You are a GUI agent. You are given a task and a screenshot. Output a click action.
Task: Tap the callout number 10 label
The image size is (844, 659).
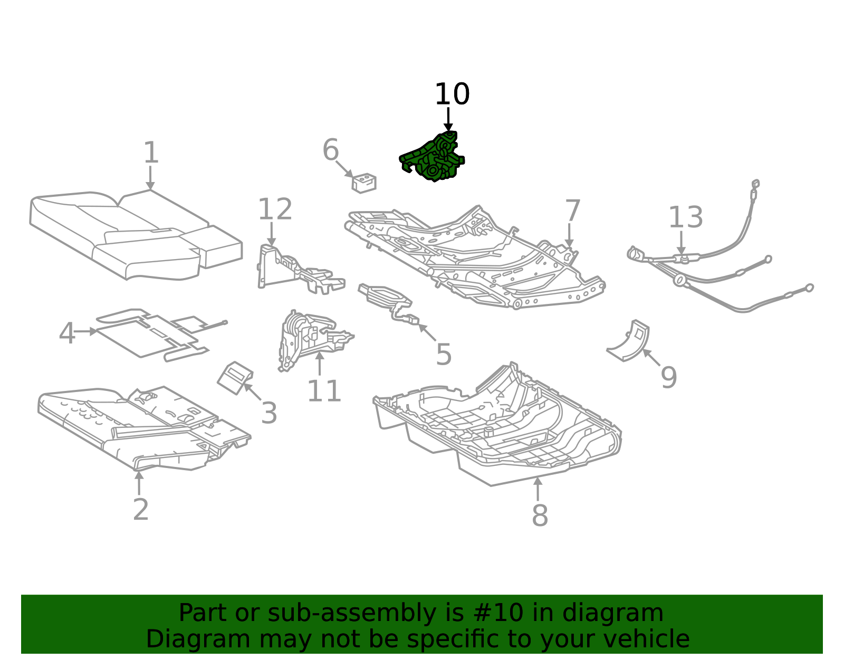[452, 94]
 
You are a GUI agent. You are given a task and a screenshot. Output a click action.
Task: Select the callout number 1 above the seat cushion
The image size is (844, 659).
[151, 152]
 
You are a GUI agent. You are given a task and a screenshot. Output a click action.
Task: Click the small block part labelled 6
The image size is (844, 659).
[364, 183]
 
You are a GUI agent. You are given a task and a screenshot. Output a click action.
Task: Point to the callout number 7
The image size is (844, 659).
[573, 211]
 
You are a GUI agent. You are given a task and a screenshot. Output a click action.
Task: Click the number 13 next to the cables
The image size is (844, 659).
[686, 217]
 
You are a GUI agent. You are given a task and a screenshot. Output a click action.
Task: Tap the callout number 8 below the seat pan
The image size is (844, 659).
[540, 515]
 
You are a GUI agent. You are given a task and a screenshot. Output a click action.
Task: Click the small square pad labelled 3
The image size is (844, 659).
[235, 378]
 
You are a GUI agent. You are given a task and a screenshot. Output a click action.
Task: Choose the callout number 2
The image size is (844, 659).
[141, 510]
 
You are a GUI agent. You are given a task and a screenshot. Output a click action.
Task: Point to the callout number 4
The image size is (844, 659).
[67, 333]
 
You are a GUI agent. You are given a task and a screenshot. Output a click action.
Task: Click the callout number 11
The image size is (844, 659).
[324, 391]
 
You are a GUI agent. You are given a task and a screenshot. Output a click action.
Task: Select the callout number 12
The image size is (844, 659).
[275, 209]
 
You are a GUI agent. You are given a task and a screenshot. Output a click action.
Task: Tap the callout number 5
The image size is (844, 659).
[444, 355]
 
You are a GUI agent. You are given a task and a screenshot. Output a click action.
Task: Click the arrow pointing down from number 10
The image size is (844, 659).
[448, 119]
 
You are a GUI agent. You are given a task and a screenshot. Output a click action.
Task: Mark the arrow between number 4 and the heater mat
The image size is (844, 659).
[85, 332]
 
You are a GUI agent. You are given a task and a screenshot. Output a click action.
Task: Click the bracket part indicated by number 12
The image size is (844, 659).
[301, 270]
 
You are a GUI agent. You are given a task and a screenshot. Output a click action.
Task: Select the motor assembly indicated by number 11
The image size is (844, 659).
[314, 340]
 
